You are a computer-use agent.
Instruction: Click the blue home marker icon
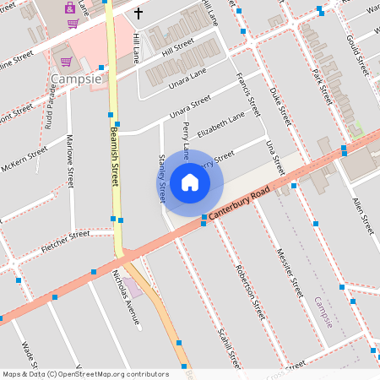[190, 182]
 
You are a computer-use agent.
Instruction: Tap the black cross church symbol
[138, 14]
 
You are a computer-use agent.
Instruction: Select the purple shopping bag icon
[70, 8]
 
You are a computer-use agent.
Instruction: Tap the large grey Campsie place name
[76, 79]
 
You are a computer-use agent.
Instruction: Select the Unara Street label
[188, 110]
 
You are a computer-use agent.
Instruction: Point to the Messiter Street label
[289, 271]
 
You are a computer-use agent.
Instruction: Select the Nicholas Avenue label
[126, 291]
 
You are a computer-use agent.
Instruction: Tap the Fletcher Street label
[65, 242]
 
